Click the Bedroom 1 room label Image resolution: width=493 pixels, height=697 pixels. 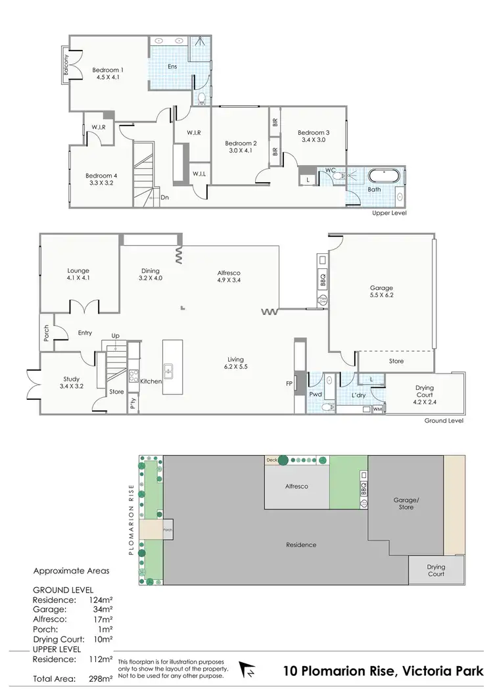tap(108, 70)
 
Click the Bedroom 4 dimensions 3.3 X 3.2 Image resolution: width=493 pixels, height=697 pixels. tap(101, 183)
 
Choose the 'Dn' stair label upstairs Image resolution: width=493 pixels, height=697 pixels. tap(165, 196)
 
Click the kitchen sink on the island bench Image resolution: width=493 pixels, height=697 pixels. tap(168, 372)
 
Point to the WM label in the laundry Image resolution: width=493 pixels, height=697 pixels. tap(377, 409)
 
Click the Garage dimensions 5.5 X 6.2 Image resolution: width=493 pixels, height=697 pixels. tap(381, 296)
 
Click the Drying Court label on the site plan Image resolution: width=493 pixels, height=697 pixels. tap(435, 570)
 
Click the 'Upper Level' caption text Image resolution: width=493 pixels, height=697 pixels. tap(390, 214)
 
